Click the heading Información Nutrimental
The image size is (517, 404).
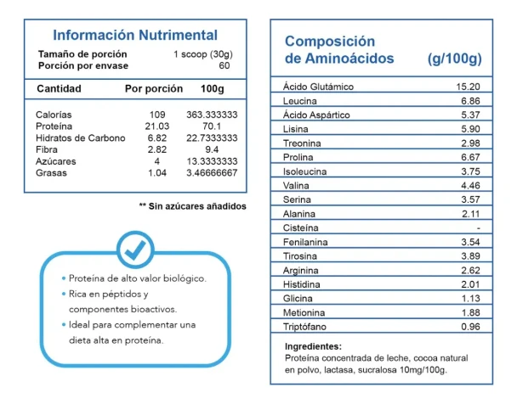point(135,35)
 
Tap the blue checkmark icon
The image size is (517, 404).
point(135,250)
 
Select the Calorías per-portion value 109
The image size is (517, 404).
point(157,115)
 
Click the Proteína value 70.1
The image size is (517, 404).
point(212,126)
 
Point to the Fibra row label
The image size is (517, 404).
point(47,149)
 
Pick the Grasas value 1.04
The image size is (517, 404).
point(157,173)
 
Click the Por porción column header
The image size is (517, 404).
point(154,89)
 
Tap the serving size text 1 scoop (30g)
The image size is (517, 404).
point(203,54)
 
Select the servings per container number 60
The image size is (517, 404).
point(224,65)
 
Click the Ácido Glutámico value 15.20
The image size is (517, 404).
point(468,87)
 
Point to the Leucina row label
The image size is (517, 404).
point(299,101)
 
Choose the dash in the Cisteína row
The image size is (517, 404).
point(478,227)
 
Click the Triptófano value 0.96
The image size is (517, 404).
point(470,327)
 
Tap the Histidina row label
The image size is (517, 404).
point(301,284)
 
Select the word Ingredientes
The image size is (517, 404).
point(313,346)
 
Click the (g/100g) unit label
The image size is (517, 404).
point(455,59)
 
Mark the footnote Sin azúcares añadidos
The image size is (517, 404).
point(192,206)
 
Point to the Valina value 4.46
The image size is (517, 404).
point(470,186)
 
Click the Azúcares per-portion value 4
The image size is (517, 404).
point(157,161)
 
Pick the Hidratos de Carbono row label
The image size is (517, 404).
point(81,137)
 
